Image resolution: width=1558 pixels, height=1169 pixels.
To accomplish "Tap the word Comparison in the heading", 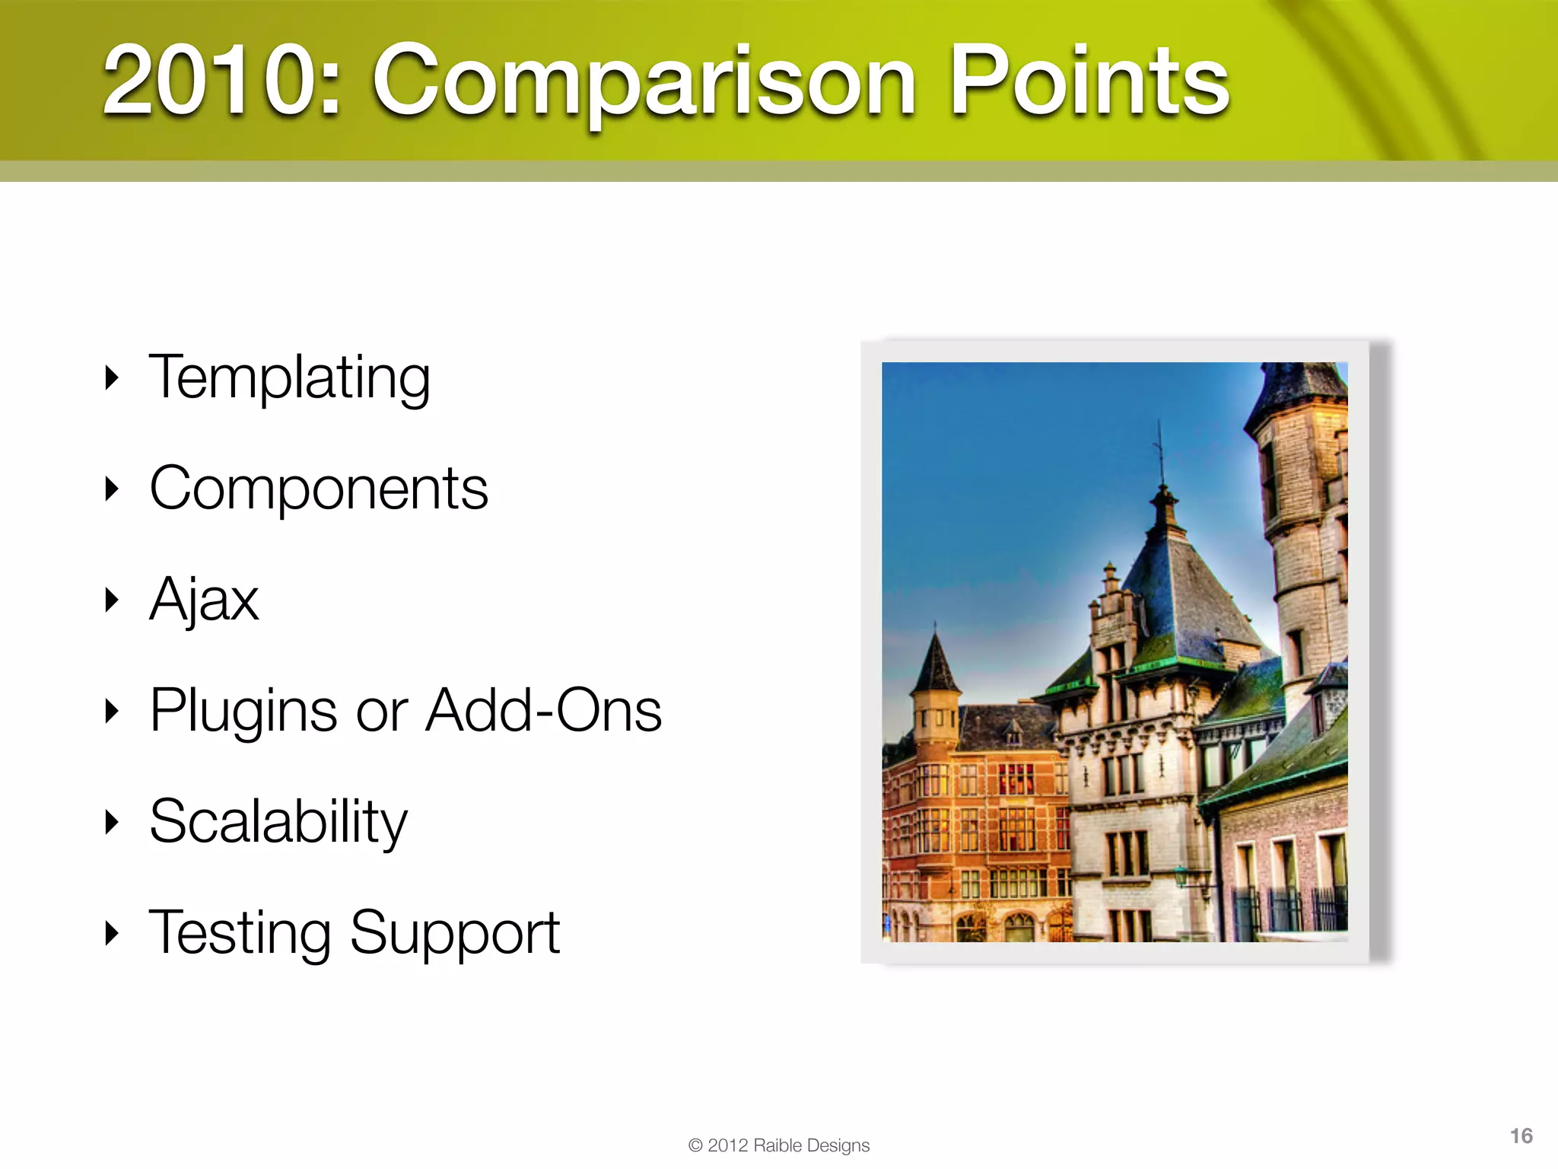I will (x=643, y=82).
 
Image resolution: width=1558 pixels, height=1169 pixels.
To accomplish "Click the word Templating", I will (x=289, y=378).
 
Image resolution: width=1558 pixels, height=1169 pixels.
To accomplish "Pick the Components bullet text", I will (x=318, y=489).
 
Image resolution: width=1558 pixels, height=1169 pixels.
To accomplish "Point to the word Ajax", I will (x=204, y=600).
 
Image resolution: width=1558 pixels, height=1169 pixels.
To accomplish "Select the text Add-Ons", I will (x=543, y=710).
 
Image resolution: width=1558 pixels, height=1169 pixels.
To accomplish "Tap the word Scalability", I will (x=278, y=822).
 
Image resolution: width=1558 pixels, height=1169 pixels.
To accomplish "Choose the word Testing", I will (x=240, y=934).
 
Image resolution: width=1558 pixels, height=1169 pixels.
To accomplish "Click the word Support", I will (x=454, y=934).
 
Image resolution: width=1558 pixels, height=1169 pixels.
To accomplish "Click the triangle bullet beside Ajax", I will (x=112, y=600).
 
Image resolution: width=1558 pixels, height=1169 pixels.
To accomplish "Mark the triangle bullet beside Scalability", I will (x=112, y=822).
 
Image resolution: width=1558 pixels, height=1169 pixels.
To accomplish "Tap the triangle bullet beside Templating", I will (x=112, y=377).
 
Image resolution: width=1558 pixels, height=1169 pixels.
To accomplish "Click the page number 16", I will (x=1521, y=1136).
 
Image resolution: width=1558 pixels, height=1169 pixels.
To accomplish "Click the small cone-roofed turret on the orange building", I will (x=935, y=670).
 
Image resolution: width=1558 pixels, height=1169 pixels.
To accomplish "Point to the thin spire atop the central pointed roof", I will (x=1161, y=457).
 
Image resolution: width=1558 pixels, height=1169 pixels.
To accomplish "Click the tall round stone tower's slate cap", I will (x=1297, y=388).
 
